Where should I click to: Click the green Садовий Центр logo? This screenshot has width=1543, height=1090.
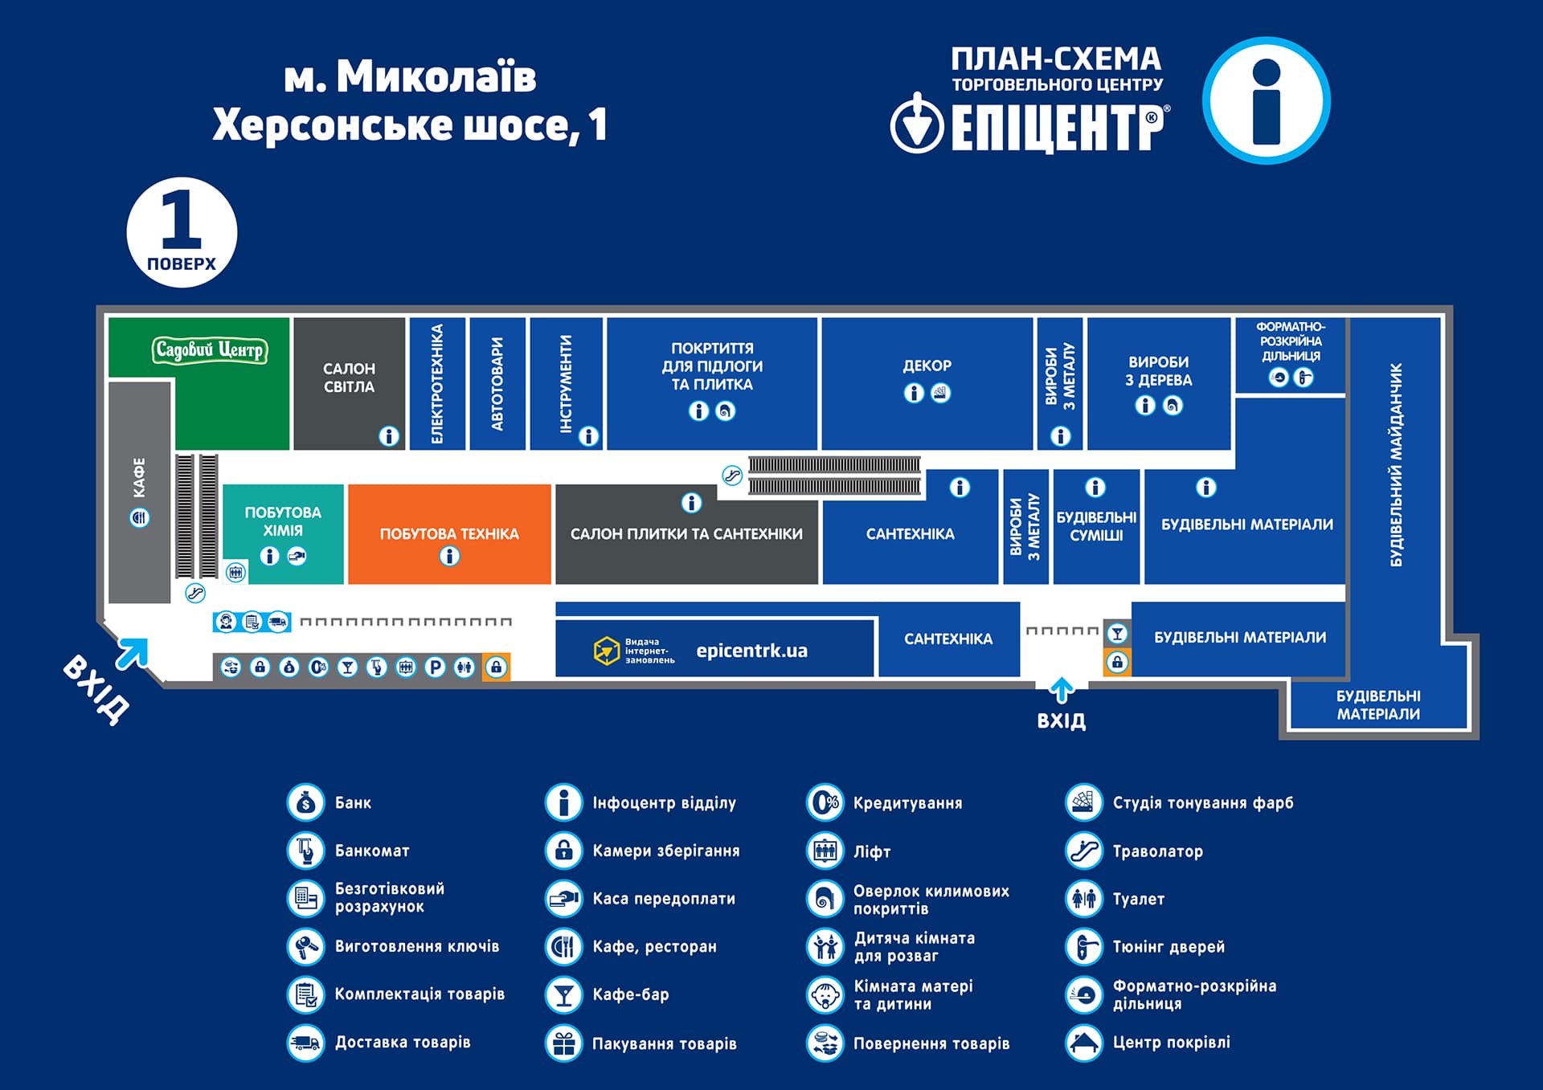click(x=209, y=350)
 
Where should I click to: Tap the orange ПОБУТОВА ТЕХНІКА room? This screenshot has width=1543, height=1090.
click(x=449, y=534)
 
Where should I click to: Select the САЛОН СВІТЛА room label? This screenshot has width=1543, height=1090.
click(x=349, y=378)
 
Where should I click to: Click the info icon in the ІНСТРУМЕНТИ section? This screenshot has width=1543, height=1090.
click(x=589, y=436)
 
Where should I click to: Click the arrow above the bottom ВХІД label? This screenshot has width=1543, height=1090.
click(x=1062, y=689)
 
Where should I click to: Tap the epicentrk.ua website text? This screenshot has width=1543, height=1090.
click(x=751, y=651)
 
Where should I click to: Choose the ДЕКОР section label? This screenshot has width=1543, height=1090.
click(x=927, y=365)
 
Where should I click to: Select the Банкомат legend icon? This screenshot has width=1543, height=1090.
click(x=305, y=851)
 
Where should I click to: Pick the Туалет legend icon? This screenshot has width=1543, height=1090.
click(x=1084, y=899)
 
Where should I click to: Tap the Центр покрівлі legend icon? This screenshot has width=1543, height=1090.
click(x=1084, y=1043)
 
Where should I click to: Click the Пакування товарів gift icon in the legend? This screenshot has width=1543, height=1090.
click(x=563, y=1043)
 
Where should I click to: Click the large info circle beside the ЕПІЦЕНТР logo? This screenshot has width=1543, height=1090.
click(x=1266, y=101)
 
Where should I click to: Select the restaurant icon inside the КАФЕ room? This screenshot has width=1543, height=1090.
click(x=140, y=518)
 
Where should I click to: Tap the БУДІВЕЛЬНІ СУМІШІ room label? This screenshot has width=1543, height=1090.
click(x=1096, y=526)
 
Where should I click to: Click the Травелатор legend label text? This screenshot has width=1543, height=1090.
click(x=1157, y=851)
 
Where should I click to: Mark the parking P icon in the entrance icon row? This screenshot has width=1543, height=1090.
click(x=435, y=667)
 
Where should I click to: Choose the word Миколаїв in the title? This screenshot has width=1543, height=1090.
click(x=436, y=77)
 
